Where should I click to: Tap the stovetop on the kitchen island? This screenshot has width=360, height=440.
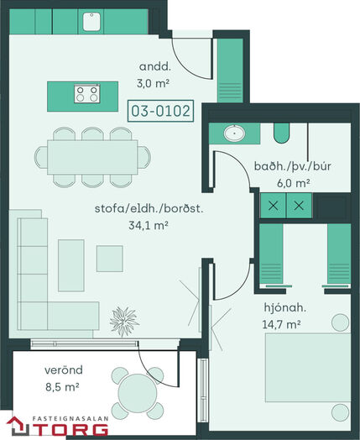coord(87,94)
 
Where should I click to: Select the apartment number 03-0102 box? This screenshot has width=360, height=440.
coord(160,111)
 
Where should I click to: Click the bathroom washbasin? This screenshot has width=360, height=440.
coord(234,133)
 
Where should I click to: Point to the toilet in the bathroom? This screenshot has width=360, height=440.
coord(281,133)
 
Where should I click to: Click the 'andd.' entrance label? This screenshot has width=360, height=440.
coord(154,67)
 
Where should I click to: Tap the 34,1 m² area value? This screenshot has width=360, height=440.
coord(149,225)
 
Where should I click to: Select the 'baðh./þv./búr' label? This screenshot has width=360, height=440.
coord(292,166)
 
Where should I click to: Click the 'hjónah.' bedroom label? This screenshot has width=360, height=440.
coord(284,307)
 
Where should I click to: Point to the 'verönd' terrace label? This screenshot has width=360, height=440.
coord(64,369)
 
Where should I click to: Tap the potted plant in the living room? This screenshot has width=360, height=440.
coord(124,322)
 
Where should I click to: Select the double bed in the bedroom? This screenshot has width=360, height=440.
coord(308,368)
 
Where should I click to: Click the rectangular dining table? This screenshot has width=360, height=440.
coord(92,157)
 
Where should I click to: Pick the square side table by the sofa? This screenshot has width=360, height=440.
coord(110,259)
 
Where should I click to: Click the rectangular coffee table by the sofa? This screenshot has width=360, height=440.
coord(71,265)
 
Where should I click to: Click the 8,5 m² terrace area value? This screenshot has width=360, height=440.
coord(62,387)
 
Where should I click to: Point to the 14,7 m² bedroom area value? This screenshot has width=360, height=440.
coord(281,324)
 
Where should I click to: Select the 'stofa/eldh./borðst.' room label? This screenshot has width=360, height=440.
coord(149,209)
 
